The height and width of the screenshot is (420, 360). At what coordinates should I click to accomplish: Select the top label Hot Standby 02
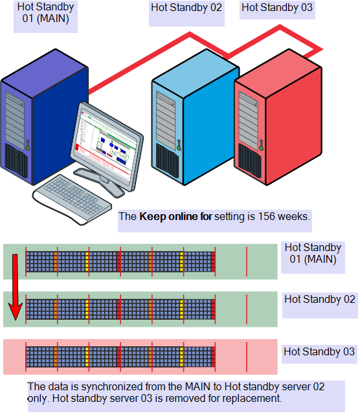(186, 8)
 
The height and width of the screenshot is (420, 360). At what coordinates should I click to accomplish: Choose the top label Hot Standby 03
(276, 8)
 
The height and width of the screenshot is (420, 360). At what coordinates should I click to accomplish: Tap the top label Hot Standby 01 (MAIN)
(45, 16)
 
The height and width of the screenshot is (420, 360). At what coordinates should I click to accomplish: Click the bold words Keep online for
(175, 217)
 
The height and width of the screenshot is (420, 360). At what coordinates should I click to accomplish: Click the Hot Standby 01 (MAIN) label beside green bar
(313, 254)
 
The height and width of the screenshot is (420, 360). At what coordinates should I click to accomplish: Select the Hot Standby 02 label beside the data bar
(320, 300)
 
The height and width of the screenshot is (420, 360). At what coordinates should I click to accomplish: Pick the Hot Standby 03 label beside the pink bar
(319, 352)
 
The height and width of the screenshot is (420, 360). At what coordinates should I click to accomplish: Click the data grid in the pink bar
(120, 357)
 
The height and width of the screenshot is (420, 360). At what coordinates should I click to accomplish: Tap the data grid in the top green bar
(120, 261)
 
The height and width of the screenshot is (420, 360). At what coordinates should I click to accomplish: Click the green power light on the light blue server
(179, 148)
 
